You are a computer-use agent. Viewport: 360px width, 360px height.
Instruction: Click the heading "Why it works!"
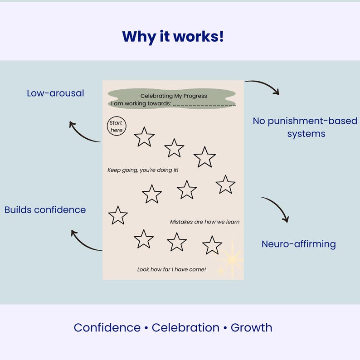point(173,36)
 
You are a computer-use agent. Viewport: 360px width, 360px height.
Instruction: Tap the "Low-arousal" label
point(55,93)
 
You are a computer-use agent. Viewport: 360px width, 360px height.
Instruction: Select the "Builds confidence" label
point(45,209)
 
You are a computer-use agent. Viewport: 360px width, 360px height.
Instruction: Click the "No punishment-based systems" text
point(305,127)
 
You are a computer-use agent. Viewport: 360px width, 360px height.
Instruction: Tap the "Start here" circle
point(117,126)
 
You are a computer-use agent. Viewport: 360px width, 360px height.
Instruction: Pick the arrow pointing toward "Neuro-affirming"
point(276,208)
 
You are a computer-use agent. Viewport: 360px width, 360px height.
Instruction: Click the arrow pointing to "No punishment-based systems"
point(263,86)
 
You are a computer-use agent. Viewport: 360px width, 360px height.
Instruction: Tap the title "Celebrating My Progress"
point(173,96)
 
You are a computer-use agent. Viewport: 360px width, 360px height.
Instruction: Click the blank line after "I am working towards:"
point(204,104)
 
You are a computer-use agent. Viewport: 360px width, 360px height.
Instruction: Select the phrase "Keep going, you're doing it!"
point(143,170)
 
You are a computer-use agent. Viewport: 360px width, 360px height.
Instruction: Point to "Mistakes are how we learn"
point(204,222)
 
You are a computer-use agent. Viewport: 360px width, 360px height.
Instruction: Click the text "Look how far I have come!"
point(171,269)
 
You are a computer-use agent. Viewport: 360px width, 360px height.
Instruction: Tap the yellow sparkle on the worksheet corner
point(231,260)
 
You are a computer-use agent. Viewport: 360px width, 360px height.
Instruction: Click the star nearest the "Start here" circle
point(144,137)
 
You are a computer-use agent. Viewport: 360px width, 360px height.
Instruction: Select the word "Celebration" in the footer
point(185,327)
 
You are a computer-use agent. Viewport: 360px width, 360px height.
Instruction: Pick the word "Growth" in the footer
point(251,327)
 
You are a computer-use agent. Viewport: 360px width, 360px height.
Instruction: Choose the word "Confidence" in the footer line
point(107,327)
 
